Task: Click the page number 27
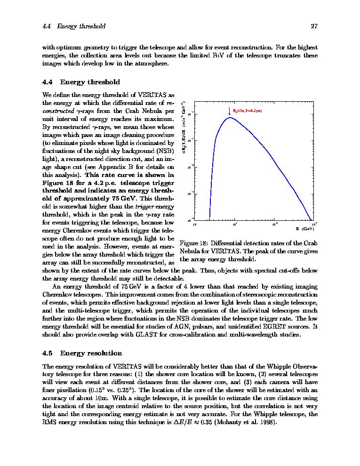(x=314, y=26)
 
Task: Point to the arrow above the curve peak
(x=230, y=112)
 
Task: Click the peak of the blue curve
(x=230, y=118)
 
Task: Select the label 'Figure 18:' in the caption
(x=194, y=243)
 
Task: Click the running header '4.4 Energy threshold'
(x=73, y=26)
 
